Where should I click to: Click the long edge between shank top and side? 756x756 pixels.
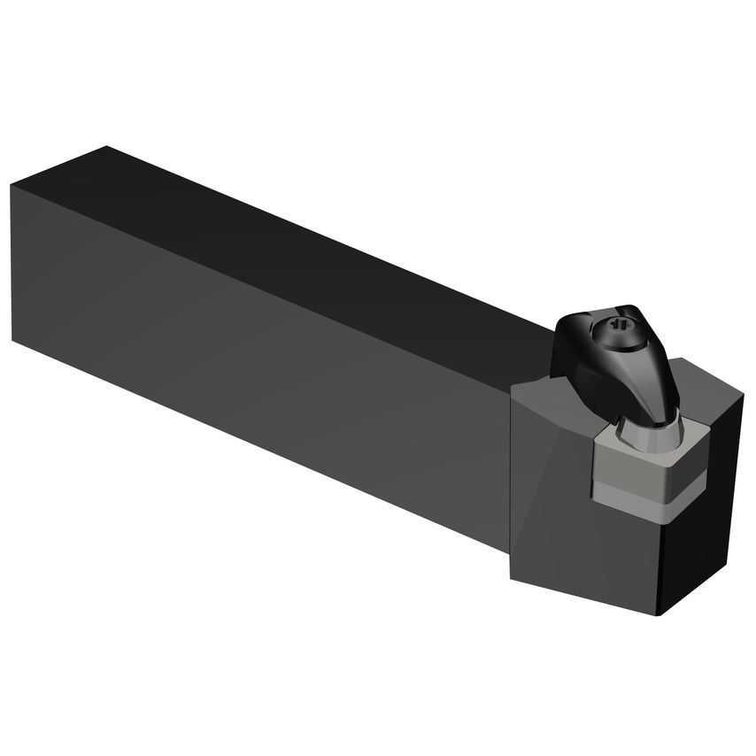(x=266, y=283)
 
